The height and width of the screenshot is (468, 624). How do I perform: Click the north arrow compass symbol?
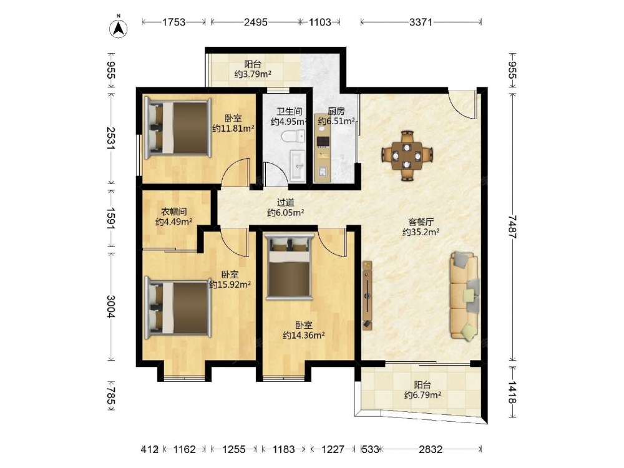(x=118, y=27)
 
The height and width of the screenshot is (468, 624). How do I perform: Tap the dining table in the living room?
(x=407, y=155)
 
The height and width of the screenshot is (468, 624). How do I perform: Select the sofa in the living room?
(x=464, y=296)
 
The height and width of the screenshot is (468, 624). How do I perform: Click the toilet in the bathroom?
(x=293, y=137)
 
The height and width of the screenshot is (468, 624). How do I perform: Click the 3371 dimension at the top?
(x=421, y=22)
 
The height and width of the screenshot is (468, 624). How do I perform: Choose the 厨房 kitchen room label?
(x=336, y=111)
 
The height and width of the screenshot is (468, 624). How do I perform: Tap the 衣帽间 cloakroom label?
(x=174, y=212)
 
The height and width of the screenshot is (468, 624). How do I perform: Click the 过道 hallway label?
(x=285, y=203)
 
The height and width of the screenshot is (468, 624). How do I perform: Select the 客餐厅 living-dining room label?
(x=421, y=222)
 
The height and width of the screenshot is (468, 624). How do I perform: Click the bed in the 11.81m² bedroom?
(x=178, y=127)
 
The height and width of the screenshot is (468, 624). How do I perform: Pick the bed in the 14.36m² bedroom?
(x=289, y=265)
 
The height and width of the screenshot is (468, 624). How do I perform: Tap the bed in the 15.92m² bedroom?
(x=178, y=308)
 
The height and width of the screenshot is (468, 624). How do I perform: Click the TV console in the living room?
(x=368, y=295)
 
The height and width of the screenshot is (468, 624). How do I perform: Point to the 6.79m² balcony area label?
(x=422, y=395)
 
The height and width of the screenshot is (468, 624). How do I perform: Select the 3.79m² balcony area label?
(x=253, y=74)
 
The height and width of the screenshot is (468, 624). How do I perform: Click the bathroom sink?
(x=297, y=165)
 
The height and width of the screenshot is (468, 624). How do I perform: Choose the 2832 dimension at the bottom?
(x=431, y=449)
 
